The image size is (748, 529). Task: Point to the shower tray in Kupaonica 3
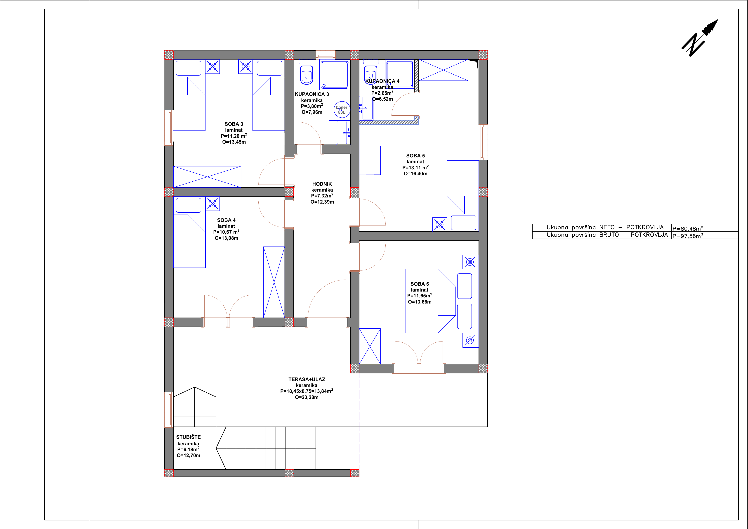pos(335,75)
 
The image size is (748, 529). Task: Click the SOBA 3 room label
pos(234,124)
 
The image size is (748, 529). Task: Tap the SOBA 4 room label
pos(227,220)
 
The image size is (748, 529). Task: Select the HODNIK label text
pos(322,184)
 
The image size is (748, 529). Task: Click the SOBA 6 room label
pos(420,284)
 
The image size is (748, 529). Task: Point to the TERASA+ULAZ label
pos(307,380)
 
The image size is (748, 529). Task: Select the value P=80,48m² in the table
pos(688,228)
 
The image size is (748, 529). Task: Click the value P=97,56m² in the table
pos(688,236)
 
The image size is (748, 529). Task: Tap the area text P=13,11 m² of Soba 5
pos(415,168)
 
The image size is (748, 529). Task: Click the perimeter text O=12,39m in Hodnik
pos(322,202)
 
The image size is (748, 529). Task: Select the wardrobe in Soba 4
pos(274,282)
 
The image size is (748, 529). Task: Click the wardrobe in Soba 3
pos(207,177)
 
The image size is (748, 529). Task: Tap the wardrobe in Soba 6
pos(370,346)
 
